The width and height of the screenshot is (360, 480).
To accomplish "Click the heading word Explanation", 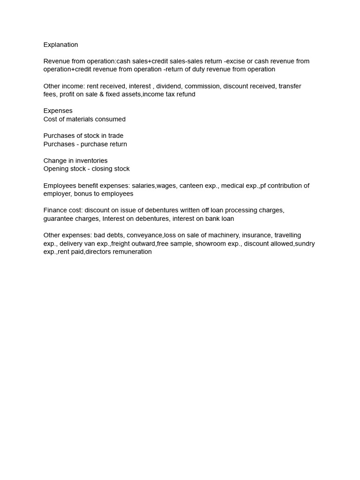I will (x=60, y=45).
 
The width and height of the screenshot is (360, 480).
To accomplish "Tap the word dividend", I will (x=169, y=86).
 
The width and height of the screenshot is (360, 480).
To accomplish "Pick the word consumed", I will (x=110, y=120).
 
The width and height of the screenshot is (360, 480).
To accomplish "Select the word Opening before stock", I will (x=56, y=169).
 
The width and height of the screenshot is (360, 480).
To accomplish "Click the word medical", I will (x=232, y=186).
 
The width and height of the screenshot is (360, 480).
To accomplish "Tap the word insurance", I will (x=256, y=235).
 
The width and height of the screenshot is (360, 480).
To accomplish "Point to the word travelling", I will (x=288, y=235).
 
